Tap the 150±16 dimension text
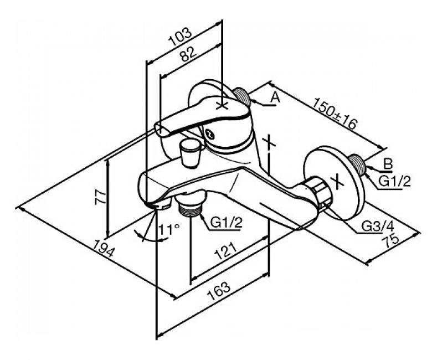tap(335, 113)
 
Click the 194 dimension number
tap(103, 248)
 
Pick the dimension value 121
tap(225, 251)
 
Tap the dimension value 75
tap(390, 239)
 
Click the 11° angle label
tap(169, 229)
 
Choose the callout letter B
tap(388, 164)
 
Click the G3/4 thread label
tap(378, 227)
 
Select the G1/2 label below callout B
tap(394, 182)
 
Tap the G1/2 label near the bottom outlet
tap(226, 222)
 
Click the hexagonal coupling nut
tap(319, 193)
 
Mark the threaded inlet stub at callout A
tap(241, 97)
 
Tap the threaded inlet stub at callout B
tap(357, 164)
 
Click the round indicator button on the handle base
tap(210, 135)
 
